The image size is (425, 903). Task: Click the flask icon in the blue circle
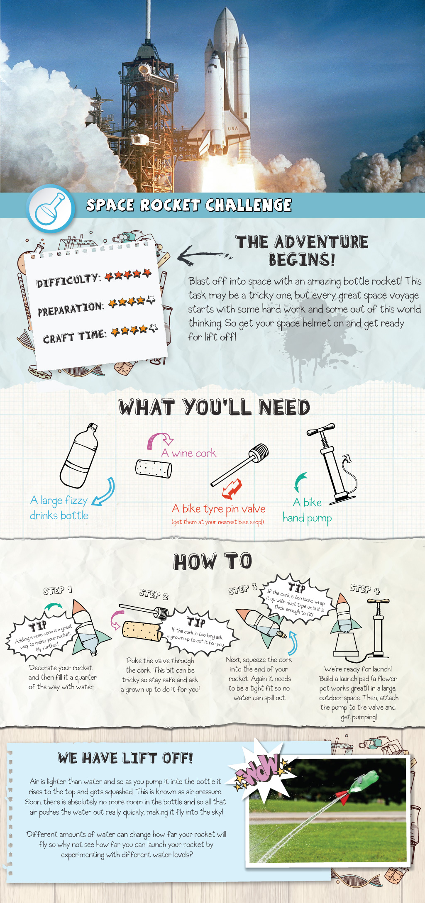pyautogui.click(x=50, y=208)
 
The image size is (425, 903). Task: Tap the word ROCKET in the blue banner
pyautogui.click(x=171, y=205)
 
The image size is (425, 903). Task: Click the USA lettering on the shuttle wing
pyautogui.click(x=233, y=128)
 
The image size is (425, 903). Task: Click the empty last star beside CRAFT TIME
pyautogui.click(x=154, y=328)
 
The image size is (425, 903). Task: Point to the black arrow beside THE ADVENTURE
pyautogui.click(x=204, y=255)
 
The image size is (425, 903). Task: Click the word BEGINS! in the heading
pyautogui.click(x=302, y=260)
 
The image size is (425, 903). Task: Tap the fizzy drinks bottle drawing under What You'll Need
pyautogui.click(x=80, y=455)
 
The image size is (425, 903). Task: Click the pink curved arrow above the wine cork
pyautogui.click(x=160, y=440)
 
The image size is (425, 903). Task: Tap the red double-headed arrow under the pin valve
pyautogui.click(x=232, y=488)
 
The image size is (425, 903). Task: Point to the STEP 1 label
pyautogui.click(x=58, y=590)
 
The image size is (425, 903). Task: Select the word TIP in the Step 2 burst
pyautogui.click(x=196, y=622)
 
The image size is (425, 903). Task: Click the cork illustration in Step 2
pyautogui.click(x=143, y=631)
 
